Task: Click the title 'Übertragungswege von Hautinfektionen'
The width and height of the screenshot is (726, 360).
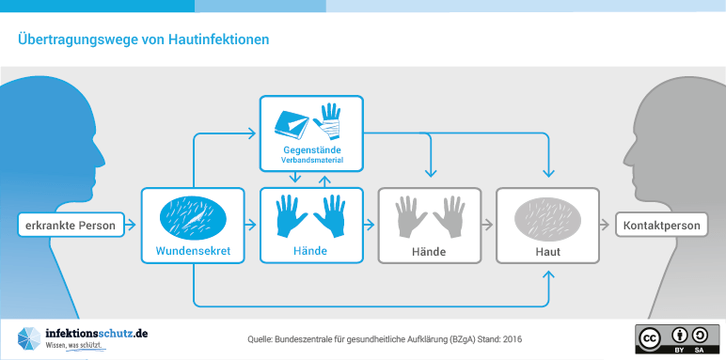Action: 143,39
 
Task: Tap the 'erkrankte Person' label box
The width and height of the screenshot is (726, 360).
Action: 71,226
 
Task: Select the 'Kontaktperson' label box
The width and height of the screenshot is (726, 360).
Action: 661,226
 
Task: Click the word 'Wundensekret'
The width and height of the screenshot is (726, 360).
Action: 193,251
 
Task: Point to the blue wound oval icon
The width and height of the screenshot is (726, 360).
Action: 193,218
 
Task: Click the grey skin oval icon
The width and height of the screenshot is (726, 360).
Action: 547,218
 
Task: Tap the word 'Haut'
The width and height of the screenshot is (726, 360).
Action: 547,252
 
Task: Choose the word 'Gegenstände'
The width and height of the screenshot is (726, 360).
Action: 311,150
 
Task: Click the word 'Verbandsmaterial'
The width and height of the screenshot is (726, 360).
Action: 311,161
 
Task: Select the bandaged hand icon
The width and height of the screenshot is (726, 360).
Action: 328,121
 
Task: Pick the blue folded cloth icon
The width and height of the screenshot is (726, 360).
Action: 292,121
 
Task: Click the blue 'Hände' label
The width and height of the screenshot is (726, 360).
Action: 310,251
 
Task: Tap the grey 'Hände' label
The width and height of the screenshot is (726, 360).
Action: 429,252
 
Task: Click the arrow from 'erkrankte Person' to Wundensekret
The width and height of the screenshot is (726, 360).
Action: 131,226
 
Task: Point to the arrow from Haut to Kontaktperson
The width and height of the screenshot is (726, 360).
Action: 605,226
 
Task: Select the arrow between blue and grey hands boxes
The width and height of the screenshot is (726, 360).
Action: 369,226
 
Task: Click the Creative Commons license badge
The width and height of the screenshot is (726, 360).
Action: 671,339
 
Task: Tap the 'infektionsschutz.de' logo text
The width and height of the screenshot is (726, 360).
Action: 97,333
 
